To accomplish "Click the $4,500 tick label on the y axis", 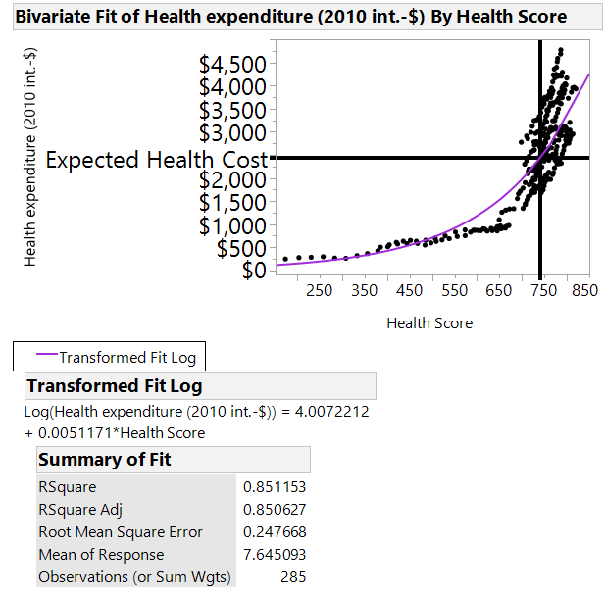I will click(232, 65).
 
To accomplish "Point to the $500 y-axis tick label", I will click(242, 248).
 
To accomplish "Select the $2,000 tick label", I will click(232, 179).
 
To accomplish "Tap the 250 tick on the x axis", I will click(320, 290).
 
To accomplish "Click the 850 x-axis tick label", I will click(584, 290).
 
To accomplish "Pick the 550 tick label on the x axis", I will click(454, 290).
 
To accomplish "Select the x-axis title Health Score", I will click(429, 322).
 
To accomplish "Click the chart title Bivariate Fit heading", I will click(290, 17).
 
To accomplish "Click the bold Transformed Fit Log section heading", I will click(115, 386).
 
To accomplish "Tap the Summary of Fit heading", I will click(105, 460).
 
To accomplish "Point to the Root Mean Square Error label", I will click(121, 532).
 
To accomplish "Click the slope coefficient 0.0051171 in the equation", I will click(59, 433).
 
